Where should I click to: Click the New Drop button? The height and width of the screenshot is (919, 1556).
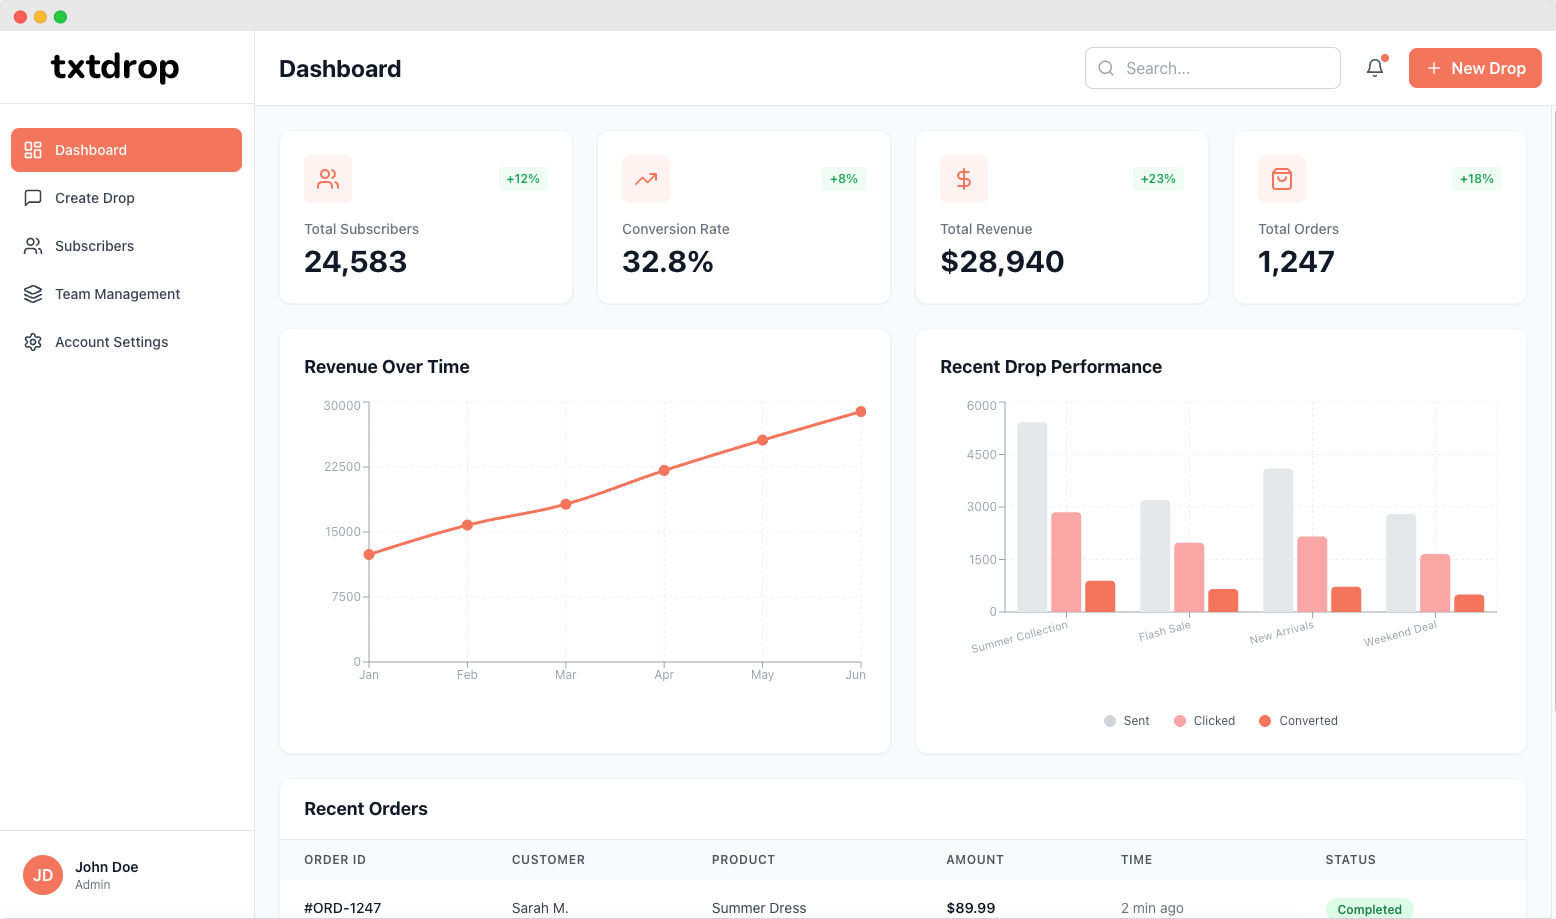[1475, 68]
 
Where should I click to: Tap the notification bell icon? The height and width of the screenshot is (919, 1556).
[1375, 68]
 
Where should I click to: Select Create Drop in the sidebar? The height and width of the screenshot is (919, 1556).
[95, 198]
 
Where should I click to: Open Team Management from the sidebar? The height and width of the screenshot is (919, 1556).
[117, 294]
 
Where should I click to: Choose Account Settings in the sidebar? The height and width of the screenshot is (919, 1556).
[111, 342]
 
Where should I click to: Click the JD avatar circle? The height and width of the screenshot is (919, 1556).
[43, 875]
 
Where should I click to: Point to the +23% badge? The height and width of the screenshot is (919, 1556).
[1158, 179]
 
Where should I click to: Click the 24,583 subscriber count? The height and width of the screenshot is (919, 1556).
[355, 262]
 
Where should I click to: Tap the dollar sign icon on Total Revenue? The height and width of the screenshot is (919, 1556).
[964, 179]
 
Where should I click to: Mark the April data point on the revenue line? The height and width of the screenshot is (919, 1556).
[664, 470]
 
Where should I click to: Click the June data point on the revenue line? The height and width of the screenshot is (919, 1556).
[861, 412]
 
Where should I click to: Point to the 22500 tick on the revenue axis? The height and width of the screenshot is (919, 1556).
[342, 467]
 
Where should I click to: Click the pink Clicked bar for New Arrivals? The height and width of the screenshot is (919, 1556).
[1312, 574]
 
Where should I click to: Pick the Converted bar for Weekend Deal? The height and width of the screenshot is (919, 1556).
[1469, 603]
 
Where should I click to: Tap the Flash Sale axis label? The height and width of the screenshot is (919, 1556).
[1165, 632]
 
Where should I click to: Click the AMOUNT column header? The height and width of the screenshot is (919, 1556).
[975, 860]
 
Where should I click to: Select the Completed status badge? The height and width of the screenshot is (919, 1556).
[1369, 909]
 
